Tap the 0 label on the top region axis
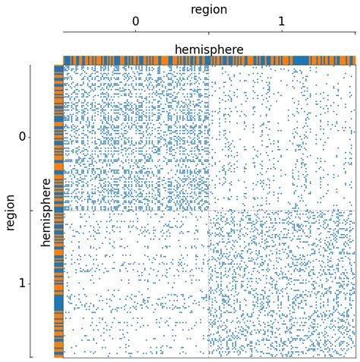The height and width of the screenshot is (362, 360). (135, 22)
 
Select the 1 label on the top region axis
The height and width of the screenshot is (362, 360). (282, 22)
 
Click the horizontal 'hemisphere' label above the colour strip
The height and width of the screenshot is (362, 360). (209, 49)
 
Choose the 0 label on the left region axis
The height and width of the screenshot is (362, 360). (23, 137)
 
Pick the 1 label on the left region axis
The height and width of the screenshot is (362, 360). (23, 283)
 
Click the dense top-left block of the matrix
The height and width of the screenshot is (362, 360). (136, 138)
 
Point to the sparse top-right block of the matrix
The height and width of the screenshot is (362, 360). (282, 138)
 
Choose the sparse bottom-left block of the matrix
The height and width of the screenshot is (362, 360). (136, 284)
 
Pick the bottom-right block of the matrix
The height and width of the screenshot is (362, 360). (282, 284)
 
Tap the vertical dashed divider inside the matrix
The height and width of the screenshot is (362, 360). (209, 137)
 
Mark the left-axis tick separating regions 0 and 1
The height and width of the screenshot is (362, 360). (31, 211)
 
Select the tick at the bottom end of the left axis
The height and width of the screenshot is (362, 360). (31, 356)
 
